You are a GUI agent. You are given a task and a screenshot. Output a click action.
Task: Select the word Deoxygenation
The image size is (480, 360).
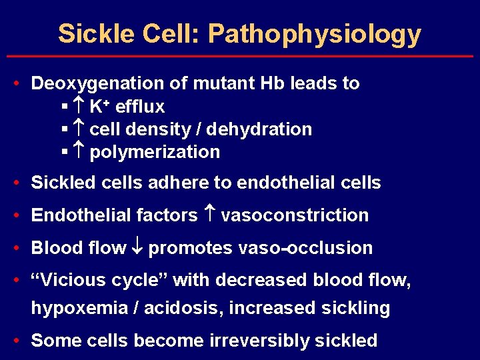(x=99, y=84)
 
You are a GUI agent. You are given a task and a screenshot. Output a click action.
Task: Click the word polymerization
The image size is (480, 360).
(x=155, y=153)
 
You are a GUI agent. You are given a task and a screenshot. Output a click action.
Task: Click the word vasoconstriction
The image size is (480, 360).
(x=295, y=215)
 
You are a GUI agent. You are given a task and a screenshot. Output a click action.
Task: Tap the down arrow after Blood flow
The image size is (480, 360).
(x=137, y=248)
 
